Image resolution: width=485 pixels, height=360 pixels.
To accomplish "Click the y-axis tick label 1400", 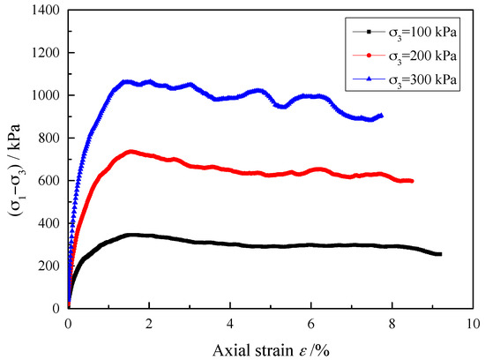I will (43, 11).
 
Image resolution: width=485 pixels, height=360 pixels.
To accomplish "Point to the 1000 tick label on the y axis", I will (43, 95).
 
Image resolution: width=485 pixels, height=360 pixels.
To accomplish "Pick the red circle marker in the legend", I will (366, 56).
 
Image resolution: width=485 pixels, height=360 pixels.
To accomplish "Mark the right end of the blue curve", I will (381, 115).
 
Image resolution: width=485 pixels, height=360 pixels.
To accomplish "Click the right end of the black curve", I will (439, 254).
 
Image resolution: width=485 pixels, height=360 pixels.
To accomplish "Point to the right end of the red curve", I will (412, 181).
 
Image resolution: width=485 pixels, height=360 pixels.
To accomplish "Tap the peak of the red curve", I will (131, 152).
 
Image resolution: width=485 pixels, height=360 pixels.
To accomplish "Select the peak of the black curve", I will (132, 235).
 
